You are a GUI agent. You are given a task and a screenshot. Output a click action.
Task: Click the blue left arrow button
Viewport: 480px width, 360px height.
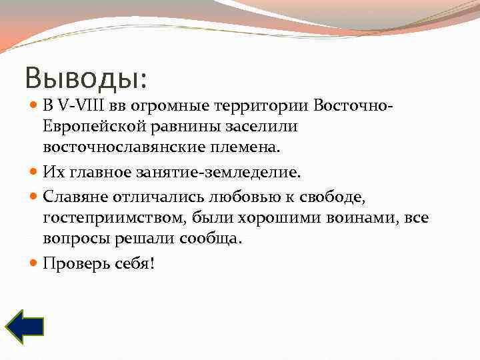click(x=25, y=325)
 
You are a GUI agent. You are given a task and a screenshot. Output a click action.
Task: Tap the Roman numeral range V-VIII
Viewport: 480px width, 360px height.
click(x=81, y=106)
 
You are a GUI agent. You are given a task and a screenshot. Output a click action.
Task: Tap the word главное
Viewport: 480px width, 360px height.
click(x=103, y=173)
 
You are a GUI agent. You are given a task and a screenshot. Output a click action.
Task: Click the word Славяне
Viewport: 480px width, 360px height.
click(x=73, y=196)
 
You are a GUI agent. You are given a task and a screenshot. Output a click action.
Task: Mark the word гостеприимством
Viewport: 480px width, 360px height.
click(x=115, y=217)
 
